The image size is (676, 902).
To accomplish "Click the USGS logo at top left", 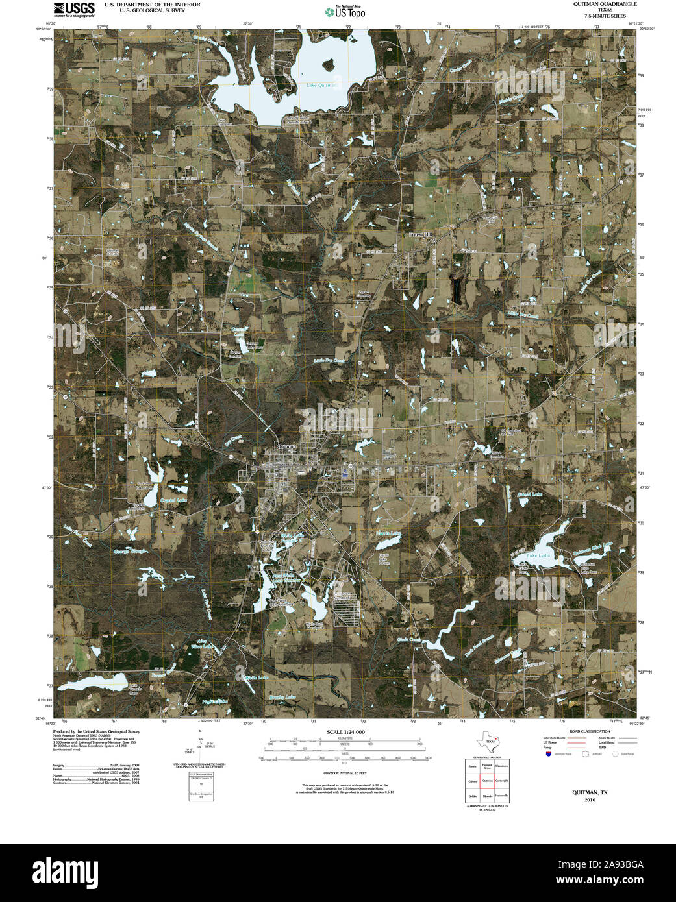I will click(74, 8).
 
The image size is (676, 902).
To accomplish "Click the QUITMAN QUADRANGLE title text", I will click(595, 4).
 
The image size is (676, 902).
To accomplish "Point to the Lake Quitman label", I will click(321, 86).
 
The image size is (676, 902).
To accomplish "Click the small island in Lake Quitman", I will click(328, 65).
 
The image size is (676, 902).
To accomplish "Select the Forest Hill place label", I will click(420, 234).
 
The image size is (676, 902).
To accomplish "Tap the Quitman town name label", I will click(286, 446).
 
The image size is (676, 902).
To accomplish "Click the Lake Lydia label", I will click(538, 556).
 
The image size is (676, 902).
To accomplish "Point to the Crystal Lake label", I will click(173, 500).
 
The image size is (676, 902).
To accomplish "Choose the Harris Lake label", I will click(388, 533).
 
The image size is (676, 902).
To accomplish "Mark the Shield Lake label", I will click(529, 494).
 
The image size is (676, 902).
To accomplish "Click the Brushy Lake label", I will click(282, 697).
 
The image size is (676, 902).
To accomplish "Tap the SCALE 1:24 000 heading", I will click(345, 732).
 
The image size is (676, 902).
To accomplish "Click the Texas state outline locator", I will click(489, 742).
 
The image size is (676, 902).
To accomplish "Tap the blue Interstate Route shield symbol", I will click(549, 755).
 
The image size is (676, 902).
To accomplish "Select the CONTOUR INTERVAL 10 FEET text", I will click(345, 773).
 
